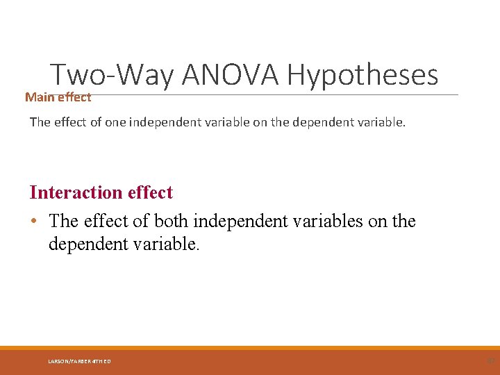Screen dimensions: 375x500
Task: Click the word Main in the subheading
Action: click(x=40, y=97)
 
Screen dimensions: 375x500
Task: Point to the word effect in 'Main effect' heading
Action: click(x=74, y=97)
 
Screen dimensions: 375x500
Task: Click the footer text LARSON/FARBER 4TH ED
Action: click(x=79, y=361)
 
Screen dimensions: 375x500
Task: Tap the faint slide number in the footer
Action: click(x=490, y=360)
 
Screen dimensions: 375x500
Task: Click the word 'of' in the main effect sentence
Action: click(x=98, y=122)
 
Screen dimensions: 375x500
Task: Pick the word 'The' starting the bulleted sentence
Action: click(x=64, y=222)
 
